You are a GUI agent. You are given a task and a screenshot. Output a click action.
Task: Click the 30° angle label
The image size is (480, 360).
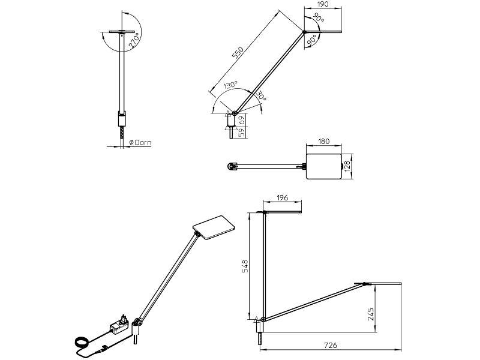coord(260,96)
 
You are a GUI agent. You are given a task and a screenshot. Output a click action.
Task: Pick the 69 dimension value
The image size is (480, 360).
coord(241,119)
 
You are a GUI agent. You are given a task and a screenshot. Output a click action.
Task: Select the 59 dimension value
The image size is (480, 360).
coord(241,133)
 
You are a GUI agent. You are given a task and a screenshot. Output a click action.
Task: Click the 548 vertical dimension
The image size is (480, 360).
coord(245,266)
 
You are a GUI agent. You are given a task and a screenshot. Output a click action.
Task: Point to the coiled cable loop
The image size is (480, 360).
coord(81,343)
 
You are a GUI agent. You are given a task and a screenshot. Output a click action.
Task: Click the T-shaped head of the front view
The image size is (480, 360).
coord(122,32)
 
